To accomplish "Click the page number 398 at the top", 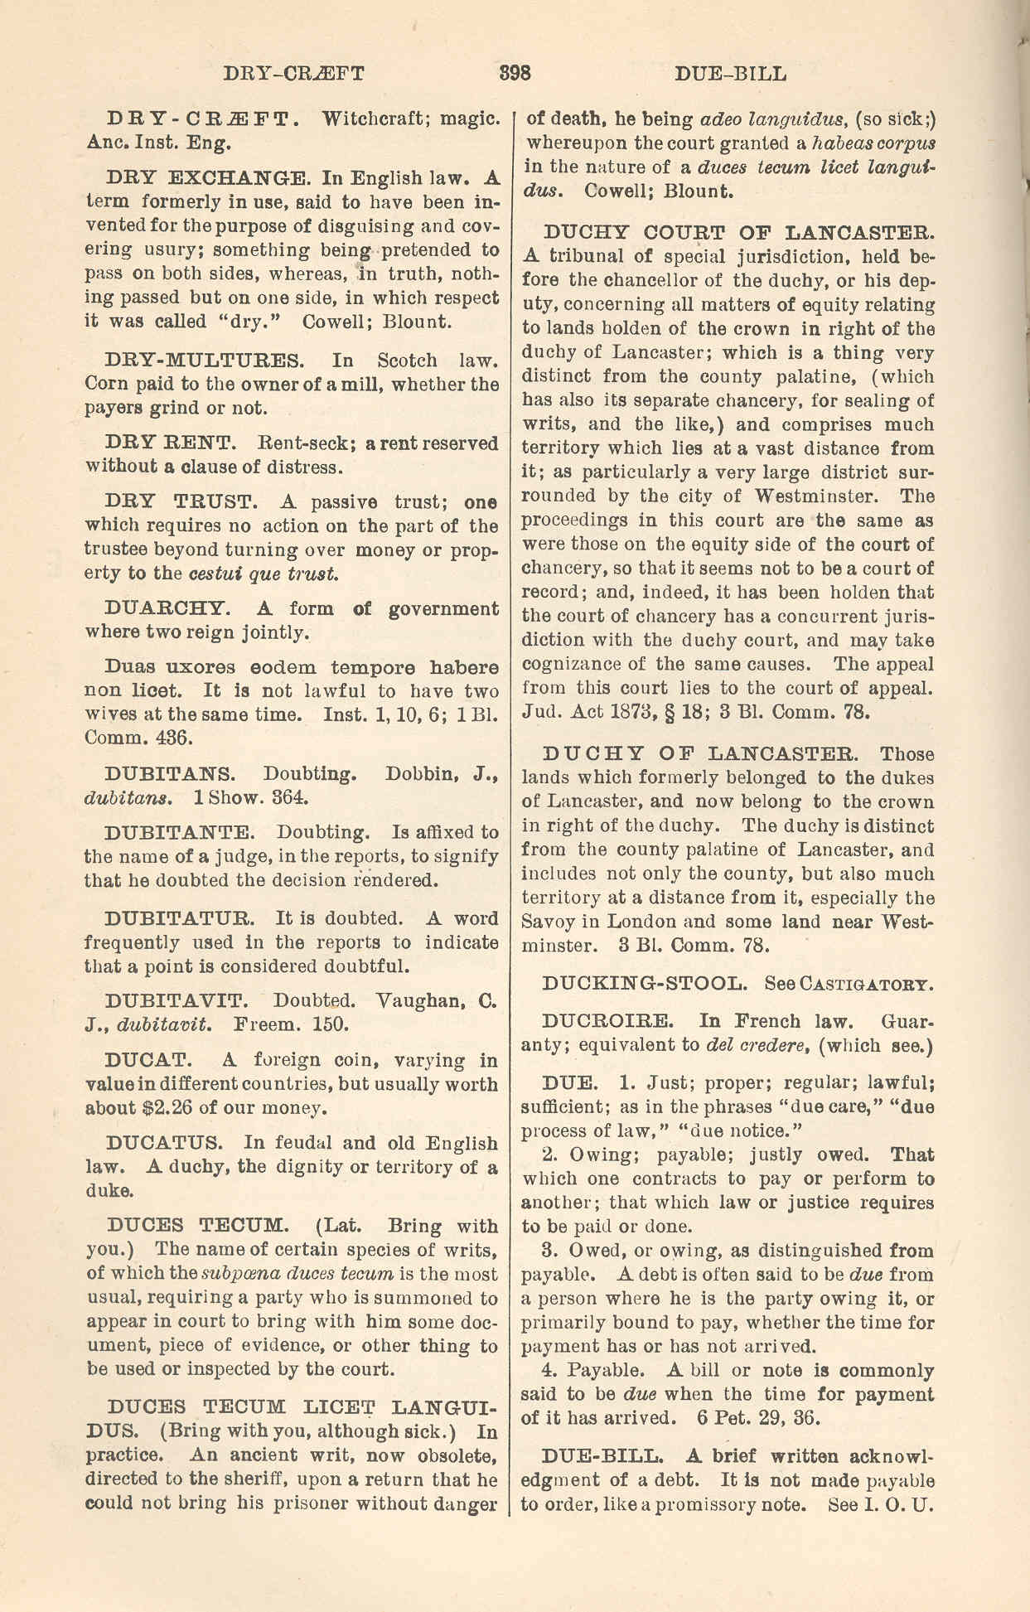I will coord(515,73).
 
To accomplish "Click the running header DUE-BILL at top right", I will coord(730,74).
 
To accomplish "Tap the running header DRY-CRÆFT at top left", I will coord(293,73).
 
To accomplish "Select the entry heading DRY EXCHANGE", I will coord(206,177).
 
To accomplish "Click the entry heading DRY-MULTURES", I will coord(205,361).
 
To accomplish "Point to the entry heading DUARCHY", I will coord(164,609).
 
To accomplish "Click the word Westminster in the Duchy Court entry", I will coord(815,496).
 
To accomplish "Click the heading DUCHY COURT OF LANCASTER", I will coord(739,232).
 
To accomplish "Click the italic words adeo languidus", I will coord(773,119).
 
